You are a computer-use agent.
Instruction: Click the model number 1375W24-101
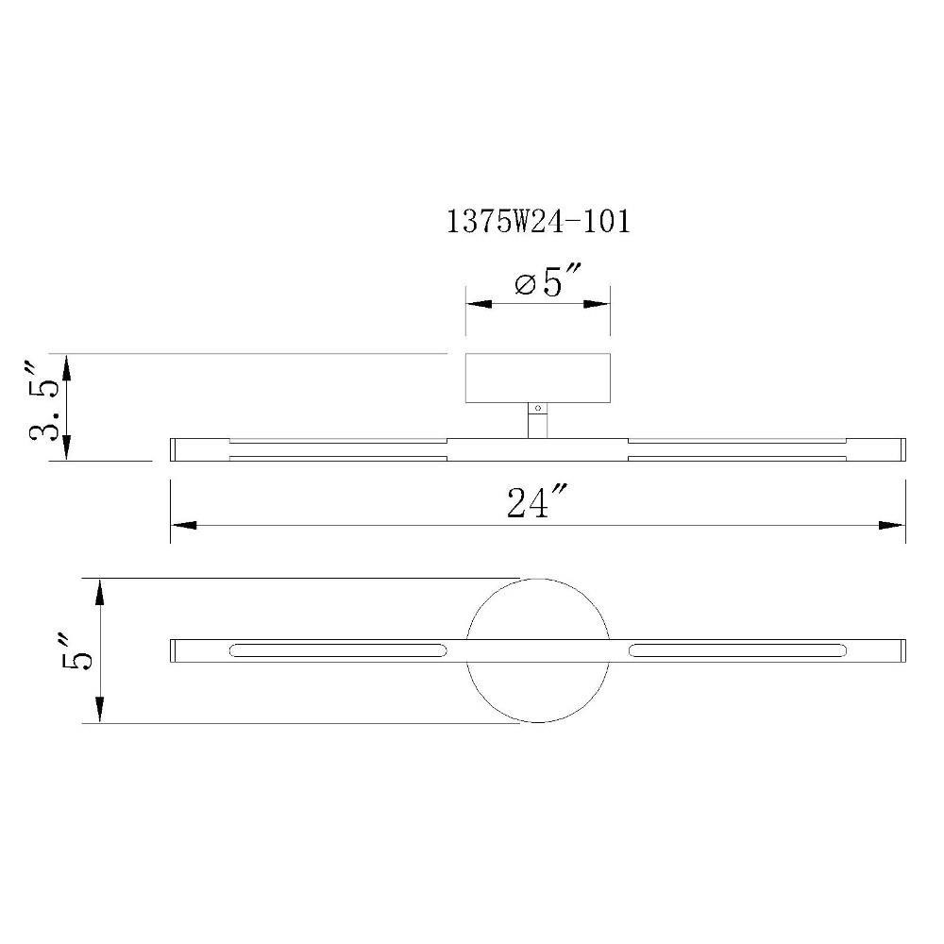tap(538, 221)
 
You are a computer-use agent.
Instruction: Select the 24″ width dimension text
tap(537, 503)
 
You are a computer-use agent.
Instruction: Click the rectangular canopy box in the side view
tap(538, 378)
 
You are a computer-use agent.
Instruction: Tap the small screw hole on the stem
tap(538, 408)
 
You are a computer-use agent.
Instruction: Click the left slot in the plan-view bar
tap(338, 650)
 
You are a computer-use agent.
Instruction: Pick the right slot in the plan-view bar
tap(737, 650)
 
